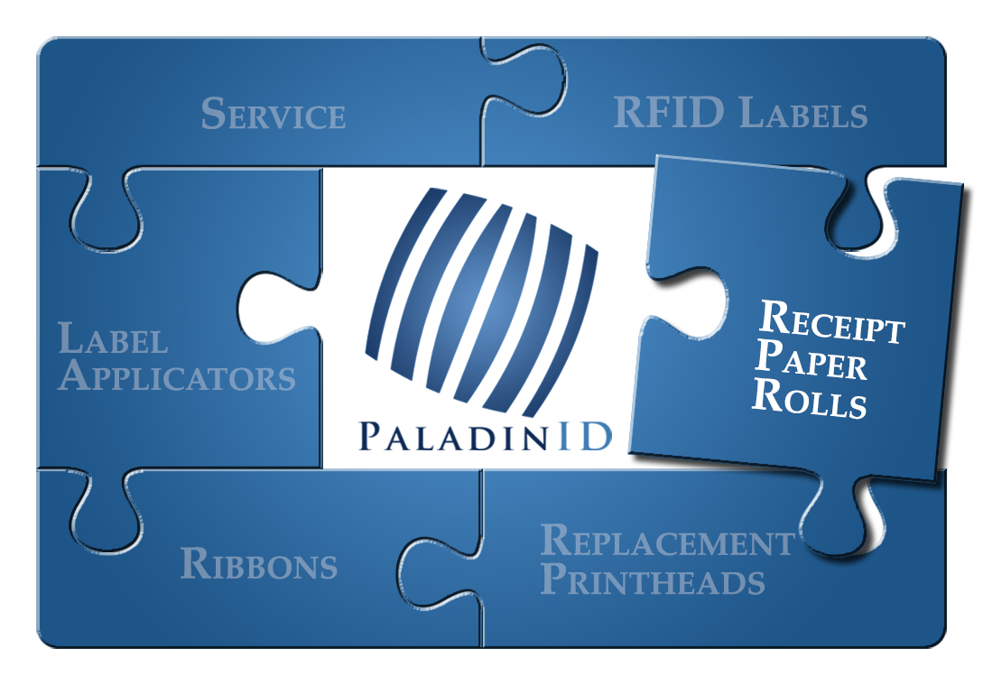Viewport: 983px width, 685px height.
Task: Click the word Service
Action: [x=274, y=114]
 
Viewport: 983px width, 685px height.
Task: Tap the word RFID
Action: [x=669, y=112]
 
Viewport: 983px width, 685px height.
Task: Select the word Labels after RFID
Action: [x=803, y=113]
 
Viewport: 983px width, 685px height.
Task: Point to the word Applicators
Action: [x=177, y=376]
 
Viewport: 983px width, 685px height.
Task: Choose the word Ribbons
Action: [x=259, y=563]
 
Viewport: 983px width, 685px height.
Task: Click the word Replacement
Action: [x=668, y=541]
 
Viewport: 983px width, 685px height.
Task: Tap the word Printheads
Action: [x=653, y=579]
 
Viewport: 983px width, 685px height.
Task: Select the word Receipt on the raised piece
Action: [x=831, y=321]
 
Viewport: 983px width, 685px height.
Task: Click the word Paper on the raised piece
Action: [x=811, y=360]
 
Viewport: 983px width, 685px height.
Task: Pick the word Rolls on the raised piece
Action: [x=810, y=397]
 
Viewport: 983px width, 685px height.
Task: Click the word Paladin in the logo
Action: [x=454, y=436]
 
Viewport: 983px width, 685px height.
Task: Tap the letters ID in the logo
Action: [x=584, y=436]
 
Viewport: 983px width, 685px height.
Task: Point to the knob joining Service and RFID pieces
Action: [x=524, y=79]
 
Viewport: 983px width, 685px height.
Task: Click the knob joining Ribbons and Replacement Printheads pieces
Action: [x=440, y=571]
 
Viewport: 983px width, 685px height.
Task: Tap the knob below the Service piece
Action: [x=106, y=209]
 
